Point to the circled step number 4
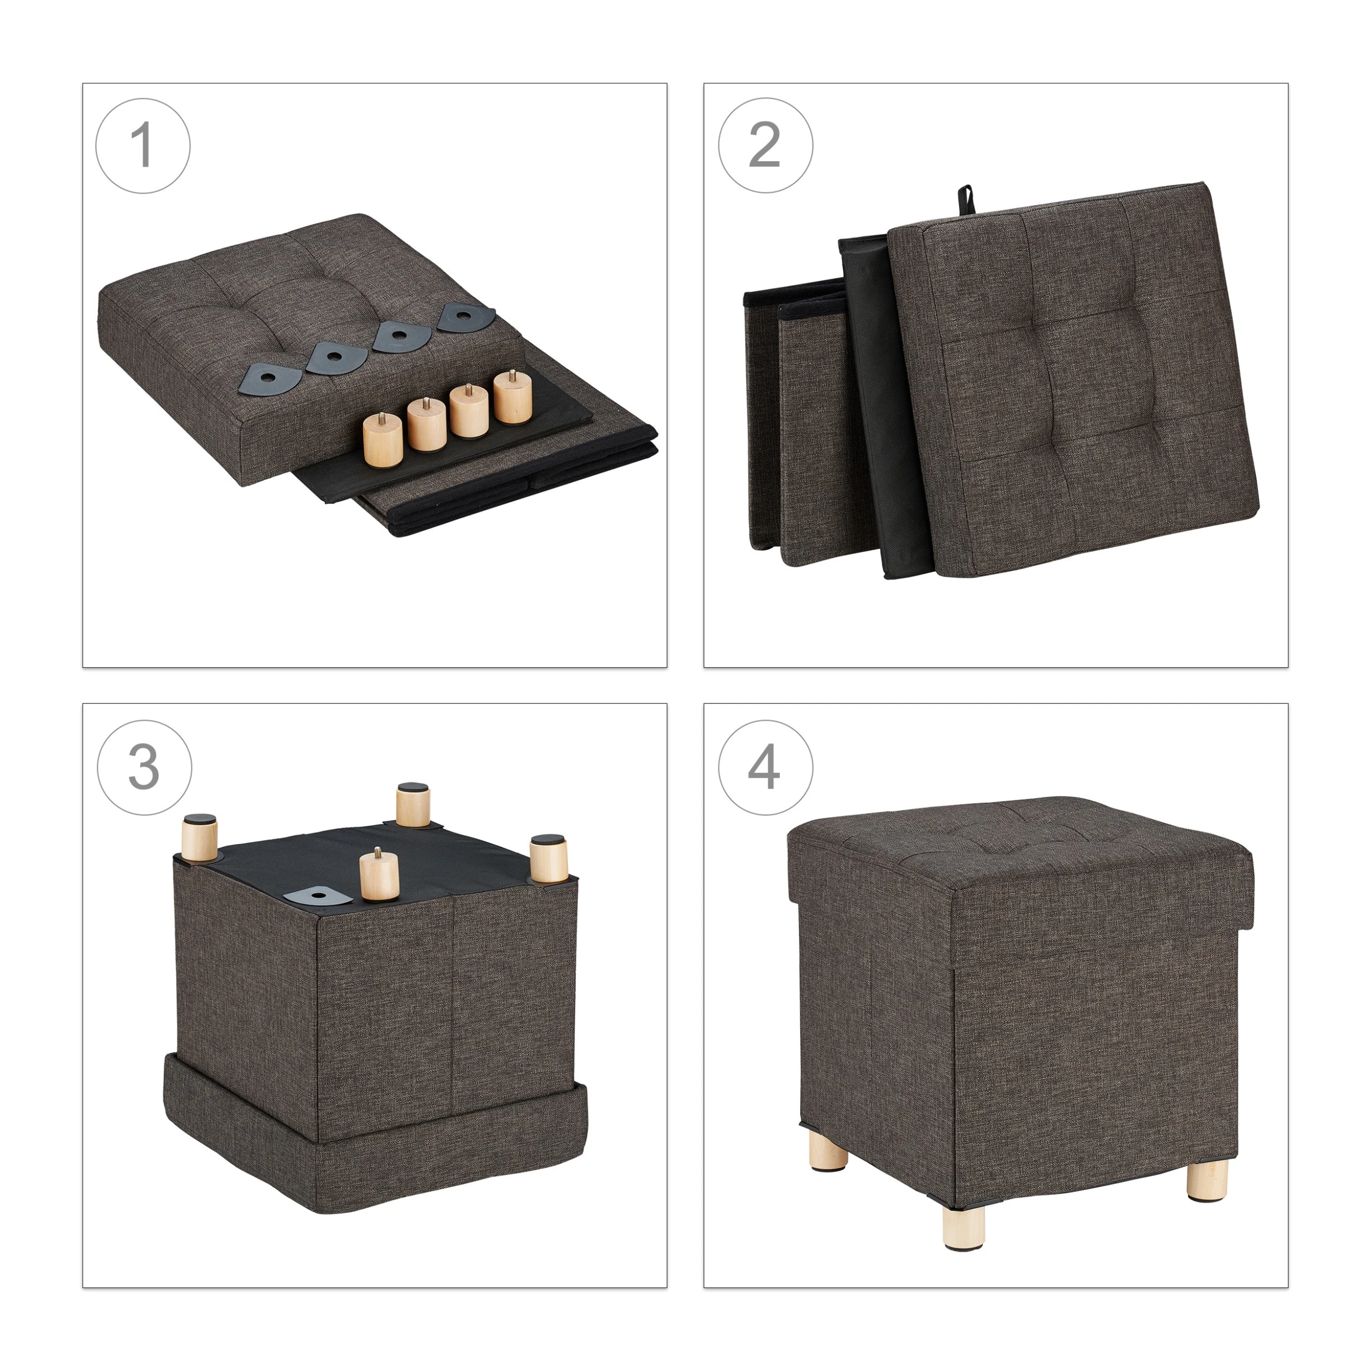[765, 768]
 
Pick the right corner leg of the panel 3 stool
[548, 859]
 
